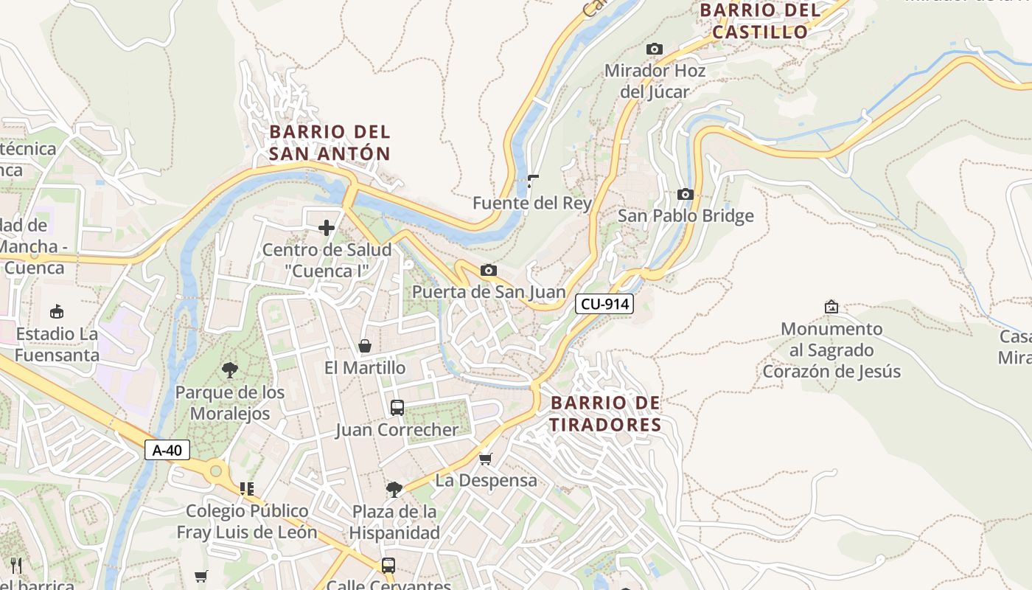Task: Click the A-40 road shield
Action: (167, 450)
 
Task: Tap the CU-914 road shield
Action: (604, 303)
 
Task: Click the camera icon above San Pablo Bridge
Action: (686, 194)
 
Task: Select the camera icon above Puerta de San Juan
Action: (488, 270)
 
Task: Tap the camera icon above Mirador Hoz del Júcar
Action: (654, 49)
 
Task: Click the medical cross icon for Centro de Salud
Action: (327, 228)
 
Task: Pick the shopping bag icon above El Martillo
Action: (364, 346)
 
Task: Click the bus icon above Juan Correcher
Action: (397, 407)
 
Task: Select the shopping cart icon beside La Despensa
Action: (485, 459)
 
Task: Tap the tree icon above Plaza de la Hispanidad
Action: (394, 489)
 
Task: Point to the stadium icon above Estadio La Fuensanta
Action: (57, 311)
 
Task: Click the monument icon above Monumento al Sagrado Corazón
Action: (831, 306)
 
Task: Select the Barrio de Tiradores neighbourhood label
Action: (606, 414)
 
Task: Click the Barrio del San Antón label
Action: (330, 142)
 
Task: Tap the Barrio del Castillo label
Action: (760, 21)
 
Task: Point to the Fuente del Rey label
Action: (532, 203)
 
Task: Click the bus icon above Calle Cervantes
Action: (388, 566)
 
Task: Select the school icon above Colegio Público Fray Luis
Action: (247, 488)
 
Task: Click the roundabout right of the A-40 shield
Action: (216, 470)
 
